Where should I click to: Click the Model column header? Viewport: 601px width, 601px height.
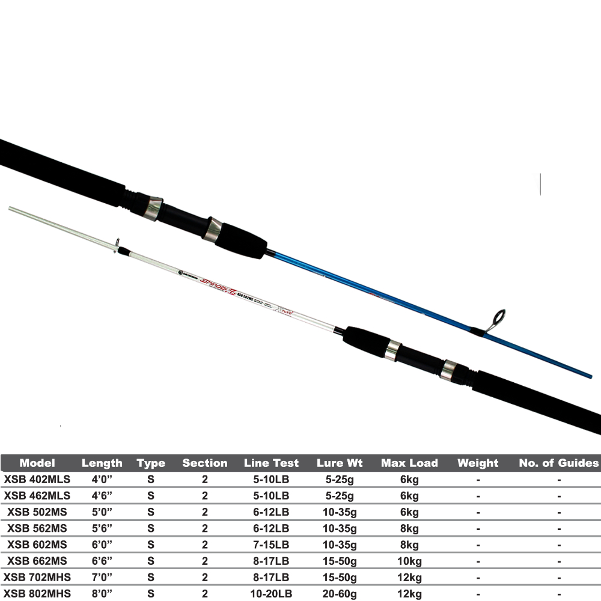click(37, 463)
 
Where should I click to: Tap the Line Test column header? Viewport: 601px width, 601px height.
click(271, 463)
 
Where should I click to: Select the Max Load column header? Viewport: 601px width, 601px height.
click(409, 463)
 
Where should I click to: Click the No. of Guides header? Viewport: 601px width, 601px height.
click(559, 463)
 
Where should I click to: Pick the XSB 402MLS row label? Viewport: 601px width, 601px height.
click(37, 480)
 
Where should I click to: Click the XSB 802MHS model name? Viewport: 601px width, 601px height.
click(37, 594)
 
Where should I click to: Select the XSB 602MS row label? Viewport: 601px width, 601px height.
click(37, 545)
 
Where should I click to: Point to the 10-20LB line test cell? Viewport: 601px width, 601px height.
click(271, 594)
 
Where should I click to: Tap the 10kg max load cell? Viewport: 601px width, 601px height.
click(409, 561)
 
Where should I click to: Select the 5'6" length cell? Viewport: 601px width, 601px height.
click(102, 528)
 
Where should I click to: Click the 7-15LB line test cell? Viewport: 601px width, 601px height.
click(271, 545)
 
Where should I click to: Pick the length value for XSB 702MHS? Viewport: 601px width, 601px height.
click(102, 578)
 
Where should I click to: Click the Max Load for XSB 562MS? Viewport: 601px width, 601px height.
click(409, 528)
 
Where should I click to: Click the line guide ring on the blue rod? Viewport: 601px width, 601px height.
click(498, 318)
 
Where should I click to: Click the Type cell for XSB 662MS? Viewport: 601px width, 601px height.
click(150, 561)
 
